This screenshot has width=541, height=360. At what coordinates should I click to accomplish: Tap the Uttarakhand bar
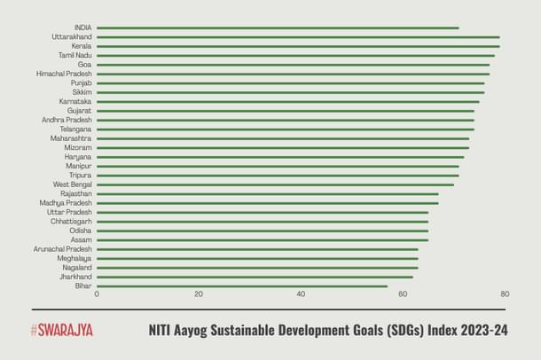tap(298, 37)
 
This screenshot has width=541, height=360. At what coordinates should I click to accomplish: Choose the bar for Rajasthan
tap(267, 193)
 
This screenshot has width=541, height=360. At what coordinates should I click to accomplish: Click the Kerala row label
tap(82, 46)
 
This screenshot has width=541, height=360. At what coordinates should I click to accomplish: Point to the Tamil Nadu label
tap(75, 55)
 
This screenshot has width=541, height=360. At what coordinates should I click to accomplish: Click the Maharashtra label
tap(71, 138)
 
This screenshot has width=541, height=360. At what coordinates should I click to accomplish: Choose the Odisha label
tap(81, 231)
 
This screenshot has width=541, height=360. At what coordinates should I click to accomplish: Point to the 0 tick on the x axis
tap(97, 294)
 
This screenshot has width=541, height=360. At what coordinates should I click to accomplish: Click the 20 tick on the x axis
tap(199, 294)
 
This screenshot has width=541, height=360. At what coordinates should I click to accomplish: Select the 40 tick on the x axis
tap(301, 294)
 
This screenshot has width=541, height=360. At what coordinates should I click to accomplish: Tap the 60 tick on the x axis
tap(403, 294)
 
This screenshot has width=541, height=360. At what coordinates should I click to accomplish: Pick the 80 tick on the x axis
tap(505, 294)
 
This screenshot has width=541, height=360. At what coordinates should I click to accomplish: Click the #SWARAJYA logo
tap(61, 331)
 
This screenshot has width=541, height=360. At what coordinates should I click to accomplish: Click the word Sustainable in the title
tap(261, 331)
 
